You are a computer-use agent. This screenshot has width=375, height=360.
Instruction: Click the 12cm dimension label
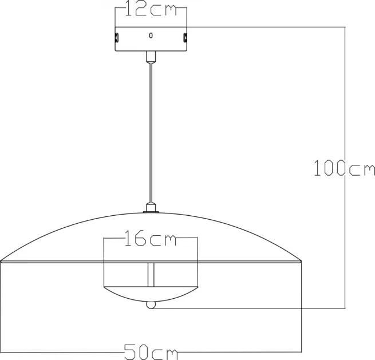click(x=151, y=9)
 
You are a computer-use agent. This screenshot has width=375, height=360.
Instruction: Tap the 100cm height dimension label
click(x=345, y=168)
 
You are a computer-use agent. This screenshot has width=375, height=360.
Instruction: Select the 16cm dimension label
click(x=151, y=238)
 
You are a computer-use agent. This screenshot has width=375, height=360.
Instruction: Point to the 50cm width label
click(x=151, y=352)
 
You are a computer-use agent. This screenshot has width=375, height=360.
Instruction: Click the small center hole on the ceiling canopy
click(x=151, y=35)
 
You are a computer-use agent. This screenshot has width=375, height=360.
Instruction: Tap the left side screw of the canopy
click(x=117, y=38)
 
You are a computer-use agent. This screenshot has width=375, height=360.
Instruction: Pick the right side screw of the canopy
click(x=185, y=38)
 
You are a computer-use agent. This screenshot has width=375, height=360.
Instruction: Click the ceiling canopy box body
click(x=151, y=39)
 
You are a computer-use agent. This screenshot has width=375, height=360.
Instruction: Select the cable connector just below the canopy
click(x=151, y=57)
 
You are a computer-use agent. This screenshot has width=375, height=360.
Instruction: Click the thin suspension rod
click(x=151, y=133)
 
